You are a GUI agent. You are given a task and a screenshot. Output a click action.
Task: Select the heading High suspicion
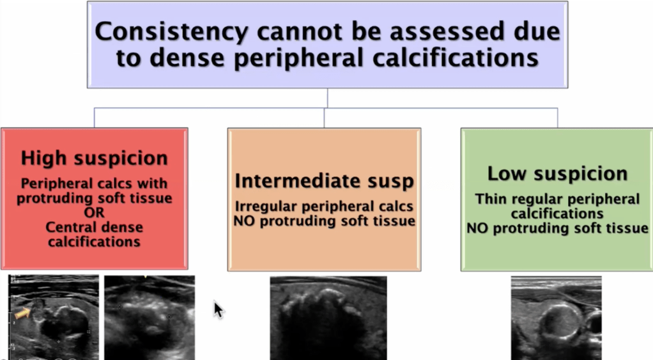click(x=95, y=158)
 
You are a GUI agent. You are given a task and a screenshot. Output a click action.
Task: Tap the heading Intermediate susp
click(x=324, y=181)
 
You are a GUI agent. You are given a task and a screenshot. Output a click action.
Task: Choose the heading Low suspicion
click(x=557, y=173)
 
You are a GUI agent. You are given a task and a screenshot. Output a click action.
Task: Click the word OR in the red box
click(x=95, y=212)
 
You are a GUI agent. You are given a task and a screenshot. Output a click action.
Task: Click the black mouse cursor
click(x=218, y=309)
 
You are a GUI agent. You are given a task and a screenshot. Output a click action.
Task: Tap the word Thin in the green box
click(x=491, y=200)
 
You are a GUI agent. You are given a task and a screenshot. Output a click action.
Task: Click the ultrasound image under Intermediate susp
click(x=328, y=318)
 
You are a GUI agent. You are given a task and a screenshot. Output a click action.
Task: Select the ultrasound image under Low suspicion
click(x=556, y=318)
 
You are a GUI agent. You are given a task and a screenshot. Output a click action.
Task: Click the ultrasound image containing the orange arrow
click(x=54, y=318)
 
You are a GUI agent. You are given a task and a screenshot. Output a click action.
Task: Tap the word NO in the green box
click(x=477, y=228)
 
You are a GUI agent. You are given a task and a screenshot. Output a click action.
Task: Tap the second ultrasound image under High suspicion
click(x=150, y=318)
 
